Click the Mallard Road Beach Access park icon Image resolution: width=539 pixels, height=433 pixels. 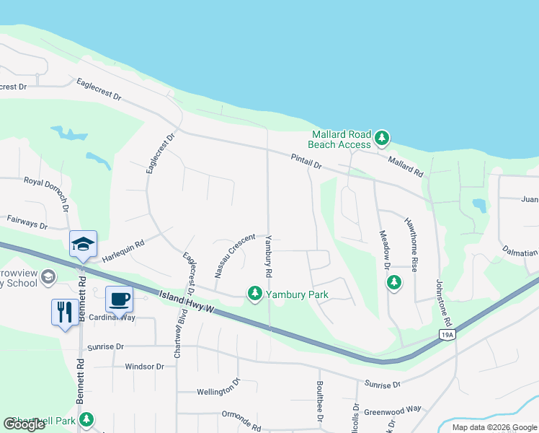[382, 137]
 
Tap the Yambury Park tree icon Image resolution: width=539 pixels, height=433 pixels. [254, 293]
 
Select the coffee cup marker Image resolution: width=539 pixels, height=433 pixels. [119, 299]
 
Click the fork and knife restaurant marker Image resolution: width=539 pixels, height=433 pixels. [65, 312]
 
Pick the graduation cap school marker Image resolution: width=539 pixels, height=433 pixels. [83, 243]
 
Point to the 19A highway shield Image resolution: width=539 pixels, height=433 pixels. [447, 334]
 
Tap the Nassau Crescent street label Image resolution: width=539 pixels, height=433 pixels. [235, 255]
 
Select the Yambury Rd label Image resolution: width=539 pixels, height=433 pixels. [268, 257]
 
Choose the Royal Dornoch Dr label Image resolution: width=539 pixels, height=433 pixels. [46, 193]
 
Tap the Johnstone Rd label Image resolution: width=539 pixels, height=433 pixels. [442, 303]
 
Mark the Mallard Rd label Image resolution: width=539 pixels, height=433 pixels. [406, 167]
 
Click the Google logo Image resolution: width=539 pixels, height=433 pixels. [24, 424]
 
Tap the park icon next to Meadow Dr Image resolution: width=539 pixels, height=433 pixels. [394, 282]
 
